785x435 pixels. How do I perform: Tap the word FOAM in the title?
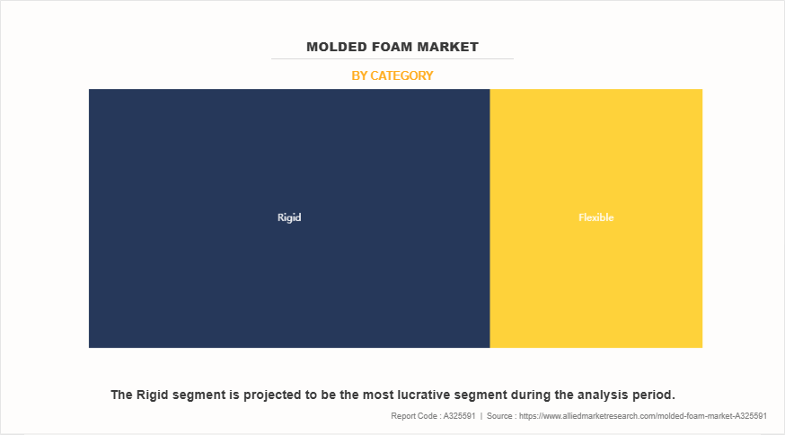(x=392, y=47)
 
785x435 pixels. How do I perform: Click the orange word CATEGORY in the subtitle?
(x=401, y=75)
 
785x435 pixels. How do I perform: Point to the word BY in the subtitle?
(x=359, y=75)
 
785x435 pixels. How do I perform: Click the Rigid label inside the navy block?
(x=289, y=217)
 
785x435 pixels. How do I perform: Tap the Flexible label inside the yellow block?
(x=595, y=217)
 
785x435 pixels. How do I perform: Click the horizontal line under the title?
(x=392, y=58)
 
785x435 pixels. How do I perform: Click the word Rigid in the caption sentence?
(x=152, y=395)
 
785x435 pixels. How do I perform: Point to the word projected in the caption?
(x=274, y=395)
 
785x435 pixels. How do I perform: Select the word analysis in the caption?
(x=604, y=395)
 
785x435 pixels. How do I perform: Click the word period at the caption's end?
(x=654, y=395)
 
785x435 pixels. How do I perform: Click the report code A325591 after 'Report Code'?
(x=459, y=416)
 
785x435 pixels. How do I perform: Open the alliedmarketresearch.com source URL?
(x=643, y=416)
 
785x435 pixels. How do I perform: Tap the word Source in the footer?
(x=499, y=416)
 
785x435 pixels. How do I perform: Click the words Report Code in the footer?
(x=413, y=416)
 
